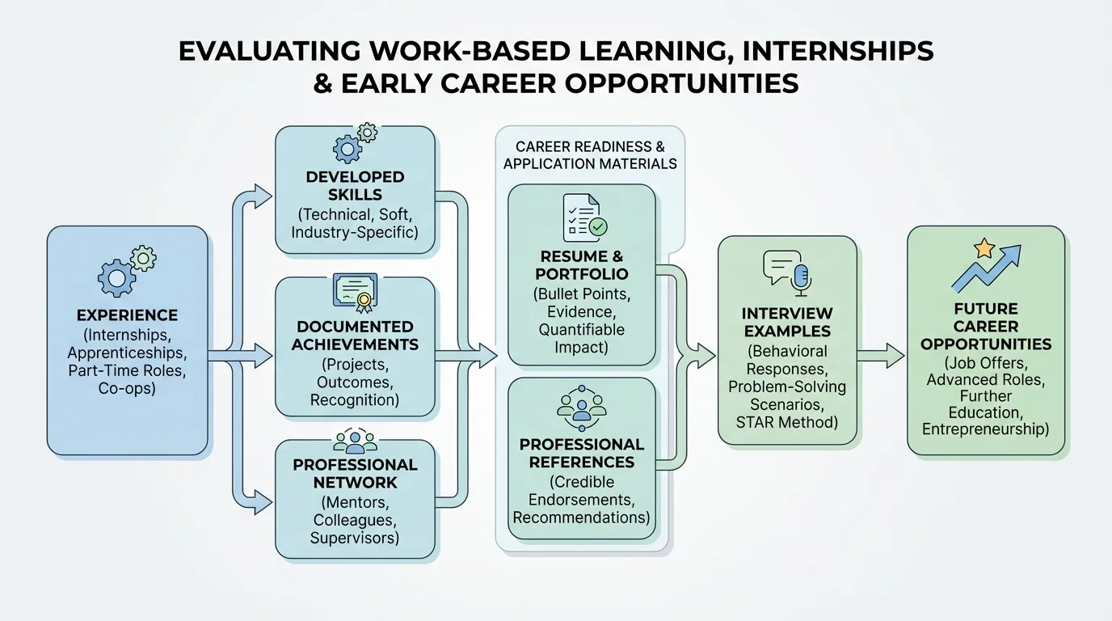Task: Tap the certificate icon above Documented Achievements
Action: coord(355,294)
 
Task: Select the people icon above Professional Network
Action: coord(355,441)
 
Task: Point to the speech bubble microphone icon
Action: coord(786,270)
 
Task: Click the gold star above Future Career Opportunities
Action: coord(984,248)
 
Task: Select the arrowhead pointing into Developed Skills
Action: coord(263,194)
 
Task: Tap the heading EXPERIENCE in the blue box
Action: coord(127,315)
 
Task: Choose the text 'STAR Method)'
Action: coord(786,421)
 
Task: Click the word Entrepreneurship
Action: coord(985,429)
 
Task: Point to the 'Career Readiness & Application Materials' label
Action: coord(590,155)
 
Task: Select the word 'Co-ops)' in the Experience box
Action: coord(127,388)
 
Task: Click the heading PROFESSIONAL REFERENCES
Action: coord(582,454)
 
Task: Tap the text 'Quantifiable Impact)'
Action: coord(582,339)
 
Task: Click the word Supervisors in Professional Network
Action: coord(355,537)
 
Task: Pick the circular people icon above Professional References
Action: coord(581,408)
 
